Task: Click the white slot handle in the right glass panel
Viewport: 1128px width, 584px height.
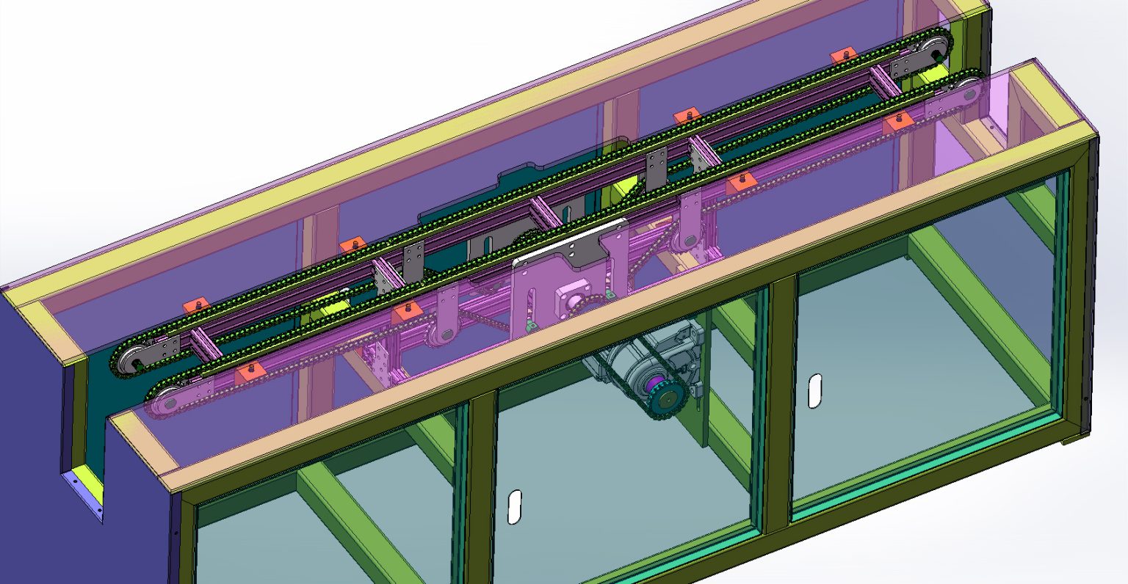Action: coord(814,390)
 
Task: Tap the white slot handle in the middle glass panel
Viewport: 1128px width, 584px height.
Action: coord(515,506)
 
